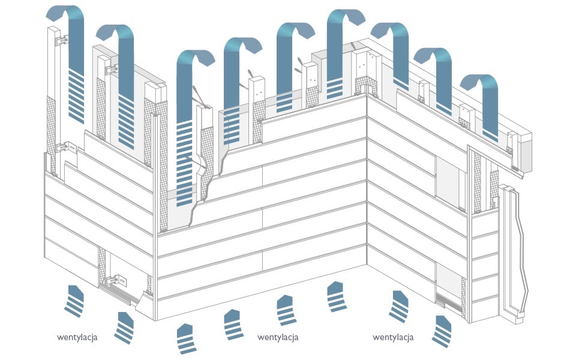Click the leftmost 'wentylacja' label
click(77, 337)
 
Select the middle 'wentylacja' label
click(278, 337)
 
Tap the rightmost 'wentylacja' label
click(392, 337)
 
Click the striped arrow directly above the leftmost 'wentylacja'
click(75, 301)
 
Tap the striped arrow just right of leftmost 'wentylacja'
click(125, 328)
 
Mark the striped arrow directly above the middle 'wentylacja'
click(286, 310)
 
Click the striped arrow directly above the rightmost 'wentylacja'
click(399, 307)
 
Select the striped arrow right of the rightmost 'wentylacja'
click(442, 331)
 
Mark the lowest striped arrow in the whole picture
click(187, 338)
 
